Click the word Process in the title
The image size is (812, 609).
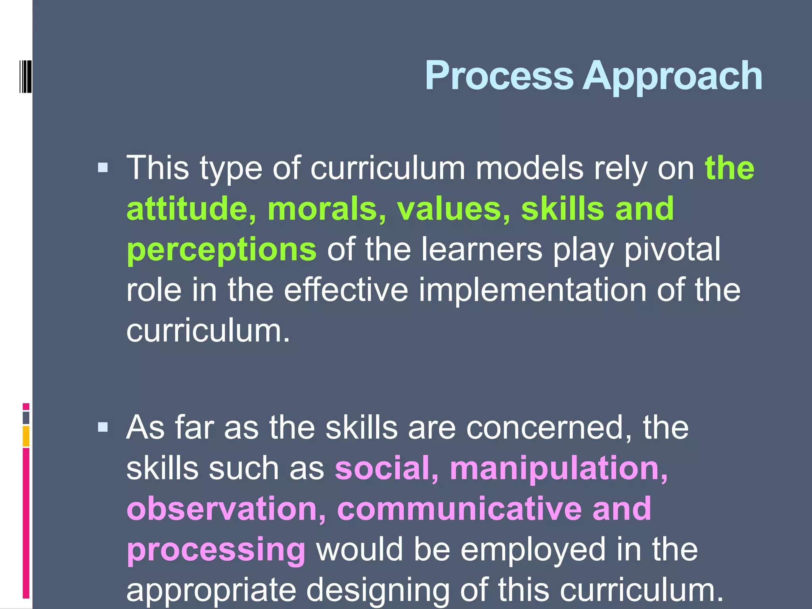499,76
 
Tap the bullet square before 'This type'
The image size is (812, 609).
103,168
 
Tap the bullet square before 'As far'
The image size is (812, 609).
103,427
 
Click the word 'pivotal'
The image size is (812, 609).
672,249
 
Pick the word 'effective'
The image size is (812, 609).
346,290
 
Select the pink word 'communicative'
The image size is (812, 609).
460,509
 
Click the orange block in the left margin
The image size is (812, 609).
26,436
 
